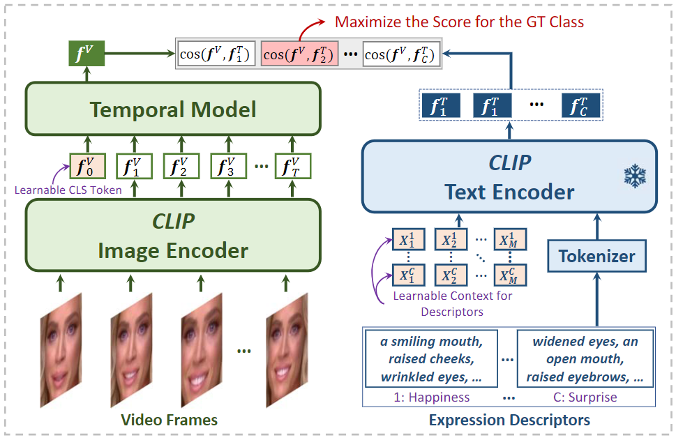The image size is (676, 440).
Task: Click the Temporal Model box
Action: click(172, 109)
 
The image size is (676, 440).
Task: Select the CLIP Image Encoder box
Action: click(172, 235)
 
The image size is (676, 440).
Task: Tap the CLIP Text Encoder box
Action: click(509, 176)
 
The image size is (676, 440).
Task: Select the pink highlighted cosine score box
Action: click(300, 54)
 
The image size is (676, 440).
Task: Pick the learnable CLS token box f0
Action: click(87, 167)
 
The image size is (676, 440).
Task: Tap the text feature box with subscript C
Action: click(580, 107)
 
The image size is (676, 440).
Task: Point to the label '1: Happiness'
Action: click(430, 397)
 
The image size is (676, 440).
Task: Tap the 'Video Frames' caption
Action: click(170, 420)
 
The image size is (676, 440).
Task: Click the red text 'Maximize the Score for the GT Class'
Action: click(459, 22)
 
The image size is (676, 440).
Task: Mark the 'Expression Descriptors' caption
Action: click(509, 420)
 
